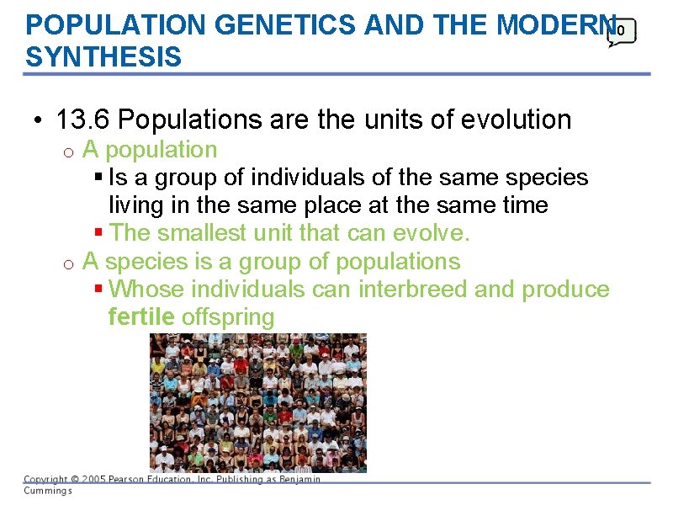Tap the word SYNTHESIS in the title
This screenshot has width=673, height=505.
pyautogui.click(x=103, y=57)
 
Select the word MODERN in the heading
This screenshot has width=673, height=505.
pyautogui.click(x=550, y=25)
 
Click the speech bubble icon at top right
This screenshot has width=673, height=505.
pyautogui.click(x=622, y=32)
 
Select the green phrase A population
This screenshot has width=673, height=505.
pyautogui.click(x=150, y=150)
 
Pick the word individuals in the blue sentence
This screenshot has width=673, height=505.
pyautogui.click(x=296, y=178)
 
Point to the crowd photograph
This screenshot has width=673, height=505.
pyautogui.click(x=257, y=402)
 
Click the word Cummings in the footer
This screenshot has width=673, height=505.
pyautogui.click(x=47, y=491)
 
